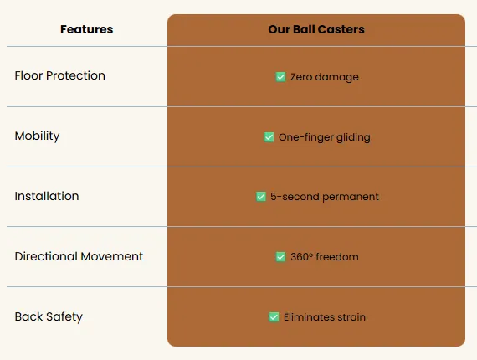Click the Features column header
coord(87,29)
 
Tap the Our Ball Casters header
coord(316,29)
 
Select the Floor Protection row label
coord(60,75)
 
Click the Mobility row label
coord(37,136)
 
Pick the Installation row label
coord(47,196)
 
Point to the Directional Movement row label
coord(79,256)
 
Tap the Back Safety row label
coord(49,316)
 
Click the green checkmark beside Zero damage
coord(280,77)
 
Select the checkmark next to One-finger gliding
coord(269,137)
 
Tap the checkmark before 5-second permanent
coord(261,196)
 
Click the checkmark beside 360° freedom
coord(280,256)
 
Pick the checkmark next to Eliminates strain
coord(274,316)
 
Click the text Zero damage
coord(325,77)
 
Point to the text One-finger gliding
coord(325,137)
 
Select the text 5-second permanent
coord(325,197)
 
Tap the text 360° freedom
coord(325,256)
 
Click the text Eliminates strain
coord(325,317)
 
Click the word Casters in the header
coord(341,29)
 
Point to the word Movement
coord(112,256)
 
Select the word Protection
coord(75,75)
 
